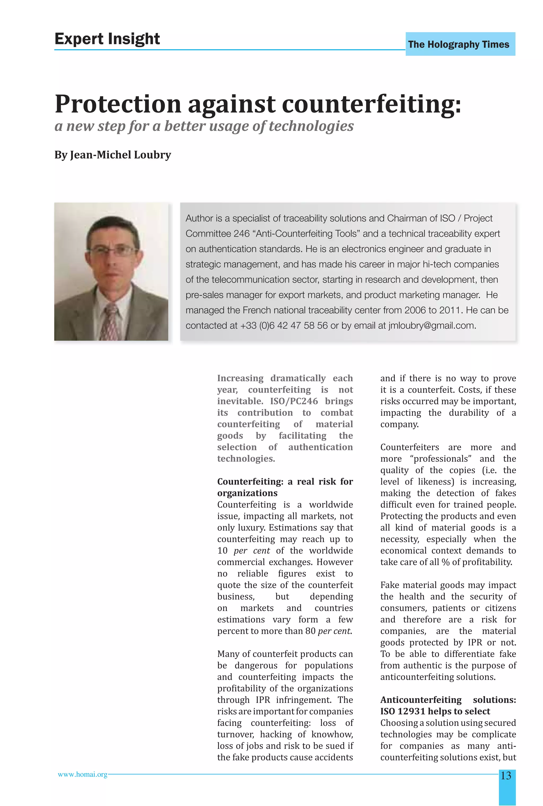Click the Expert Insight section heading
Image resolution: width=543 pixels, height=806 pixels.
pos(107,39)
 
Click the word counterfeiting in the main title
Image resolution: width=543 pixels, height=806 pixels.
pos(371,104)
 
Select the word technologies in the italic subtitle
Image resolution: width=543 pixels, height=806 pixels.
pos(311,126)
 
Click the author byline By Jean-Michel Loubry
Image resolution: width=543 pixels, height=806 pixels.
pos(112,155)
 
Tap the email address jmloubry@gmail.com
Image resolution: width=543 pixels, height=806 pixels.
pos(431,326)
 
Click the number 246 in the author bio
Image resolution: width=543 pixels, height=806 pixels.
pos(242,234)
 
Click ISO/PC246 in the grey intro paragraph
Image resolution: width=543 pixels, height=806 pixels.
pos(294,401)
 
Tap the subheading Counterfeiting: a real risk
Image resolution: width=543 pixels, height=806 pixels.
pos(285,482)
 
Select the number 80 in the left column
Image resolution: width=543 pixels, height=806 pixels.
pos(310,631)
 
